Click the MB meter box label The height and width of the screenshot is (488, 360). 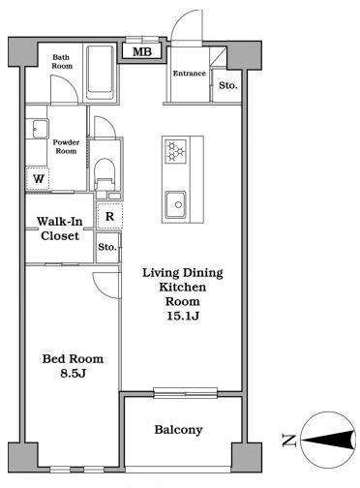pos(142,51)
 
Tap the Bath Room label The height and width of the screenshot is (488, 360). pos(62,61)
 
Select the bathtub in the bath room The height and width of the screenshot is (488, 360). pos(100,73)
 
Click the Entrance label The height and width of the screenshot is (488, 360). pos(190,74)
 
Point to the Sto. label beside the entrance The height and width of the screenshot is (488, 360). pos(228,85)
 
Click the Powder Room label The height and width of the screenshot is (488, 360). pos(66,146)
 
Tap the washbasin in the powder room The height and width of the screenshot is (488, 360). pos(37,129)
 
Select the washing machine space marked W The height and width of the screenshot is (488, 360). pos(38,178)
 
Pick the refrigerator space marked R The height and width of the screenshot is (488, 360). pos(109,216)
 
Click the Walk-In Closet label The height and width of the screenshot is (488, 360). pos(60,229)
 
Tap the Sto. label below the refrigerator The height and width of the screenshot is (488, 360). pos(107,247)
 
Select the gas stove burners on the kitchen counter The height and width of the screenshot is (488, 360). pos(176,151)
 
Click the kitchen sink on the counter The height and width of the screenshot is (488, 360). pos(176,204)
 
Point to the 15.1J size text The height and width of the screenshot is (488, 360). pos(183,316)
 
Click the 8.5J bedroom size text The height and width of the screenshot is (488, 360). pos(73,374)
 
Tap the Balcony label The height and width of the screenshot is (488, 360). pos(178,430)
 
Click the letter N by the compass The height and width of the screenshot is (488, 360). pos(289,441)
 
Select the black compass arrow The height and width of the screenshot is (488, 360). pos(327,440)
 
